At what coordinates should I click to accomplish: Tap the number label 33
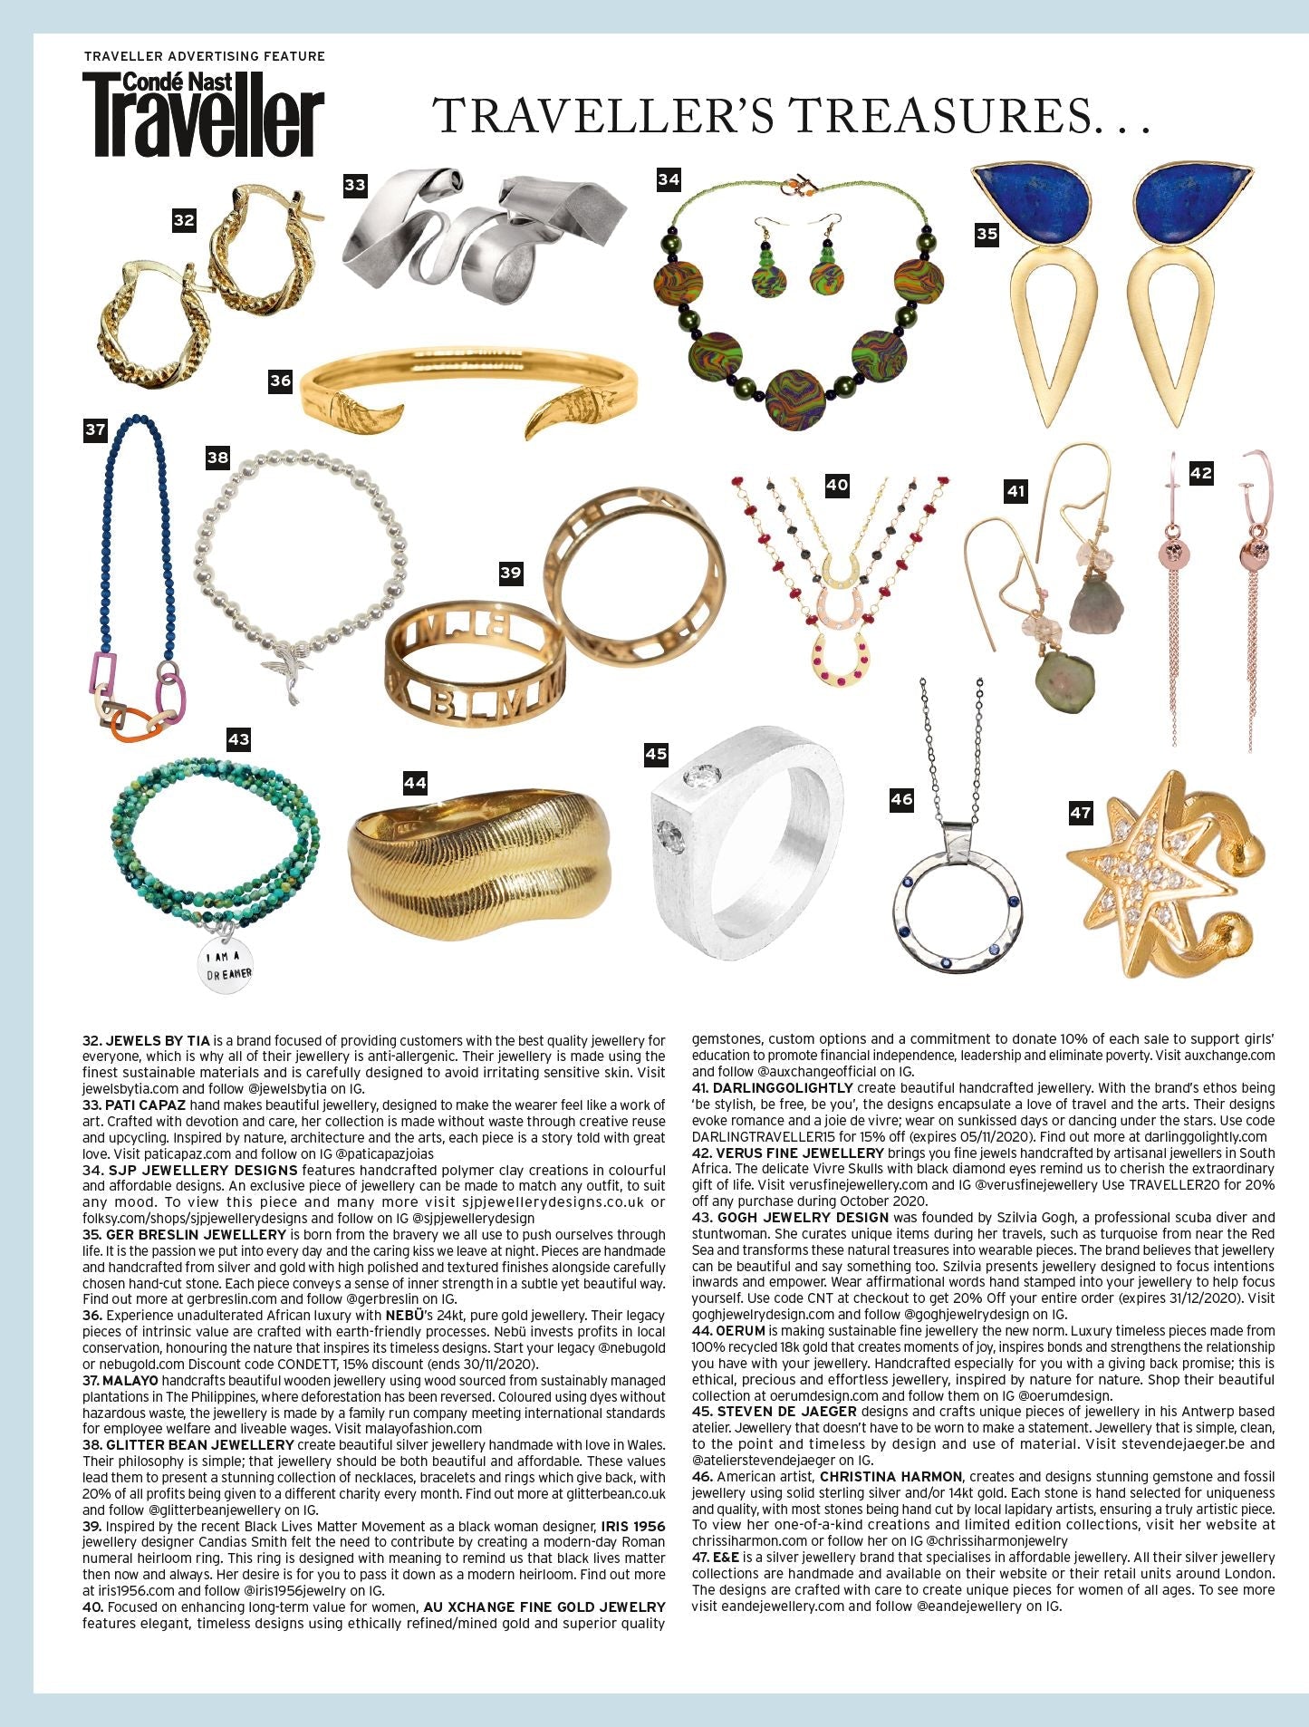point(355,185)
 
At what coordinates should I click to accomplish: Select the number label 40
point(837,485)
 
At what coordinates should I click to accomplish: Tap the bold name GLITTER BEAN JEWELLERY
point(199,1444)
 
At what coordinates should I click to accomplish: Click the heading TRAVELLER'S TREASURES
point(793,116)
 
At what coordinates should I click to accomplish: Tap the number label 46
point(901,799)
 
